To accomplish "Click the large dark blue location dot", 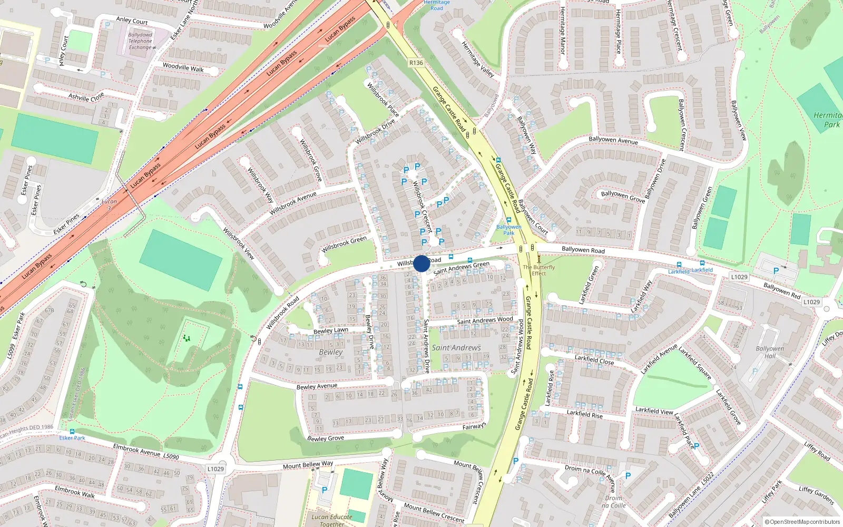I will pos(421,263).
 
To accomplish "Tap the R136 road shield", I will pos(416,63).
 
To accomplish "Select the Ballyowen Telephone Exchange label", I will pos(140,41).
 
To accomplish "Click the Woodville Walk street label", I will pos(183,67).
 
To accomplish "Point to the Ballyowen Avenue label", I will pos(613,140).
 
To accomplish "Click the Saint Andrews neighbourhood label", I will pos(456,348).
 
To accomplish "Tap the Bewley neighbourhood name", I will pos(331,352).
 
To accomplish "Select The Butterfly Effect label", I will pos(539,270).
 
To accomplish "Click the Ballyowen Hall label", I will pos(770,352).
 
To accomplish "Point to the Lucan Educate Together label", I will pos(332,520).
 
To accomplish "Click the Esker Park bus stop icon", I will pos(72,432).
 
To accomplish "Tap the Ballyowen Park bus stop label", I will pos(508,230).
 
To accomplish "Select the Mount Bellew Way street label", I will pos(308,465).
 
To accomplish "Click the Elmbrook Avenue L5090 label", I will pos(146,452).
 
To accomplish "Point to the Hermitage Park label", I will pos(828,120).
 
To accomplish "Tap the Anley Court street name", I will pos(132,21).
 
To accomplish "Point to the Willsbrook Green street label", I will pos(344,243).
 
